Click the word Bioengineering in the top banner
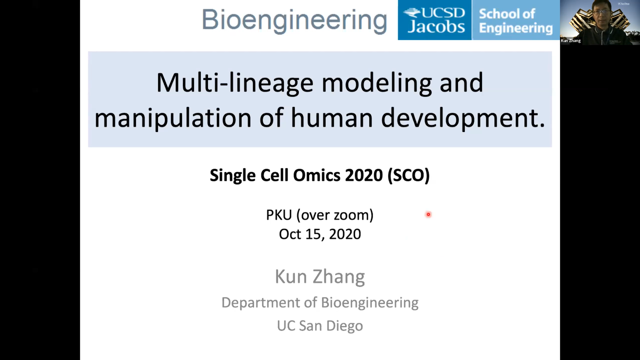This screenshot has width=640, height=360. pyautogui.click(x=294, y=21)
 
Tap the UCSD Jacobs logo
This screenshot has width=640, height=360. pyautogui.click(x=435, y=20)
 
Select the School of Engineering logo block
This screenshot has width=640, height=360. pyautogui.click(x=516, y=20)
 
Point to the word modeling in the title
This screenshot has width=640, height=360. pyautogui.click(x=377, y=83)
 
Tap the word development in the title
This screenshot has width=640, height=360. pyautogui.click(x=463, y=119)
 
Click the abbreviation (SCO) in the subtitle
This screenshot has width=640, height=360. pyautogui.click(x=409, y=175)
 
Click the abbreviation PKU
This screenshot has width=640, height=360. pyautogui.click(x=279, y=215)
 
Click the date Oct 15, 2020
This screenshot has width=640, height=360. pyautogui.click(x=320, y=234)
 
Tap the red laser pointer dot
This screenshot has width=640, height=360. pyautogui.click(x=428, y=214)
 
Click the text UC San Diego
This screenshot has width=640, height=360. pyautogui.click(x=320, y=326)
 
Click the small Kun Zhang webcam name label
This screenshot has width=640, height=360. pyautogui.click(x=571, y=41)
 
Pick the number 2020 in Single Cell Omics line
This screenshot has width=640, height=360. pyautogui.click(x=364, y=175)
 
